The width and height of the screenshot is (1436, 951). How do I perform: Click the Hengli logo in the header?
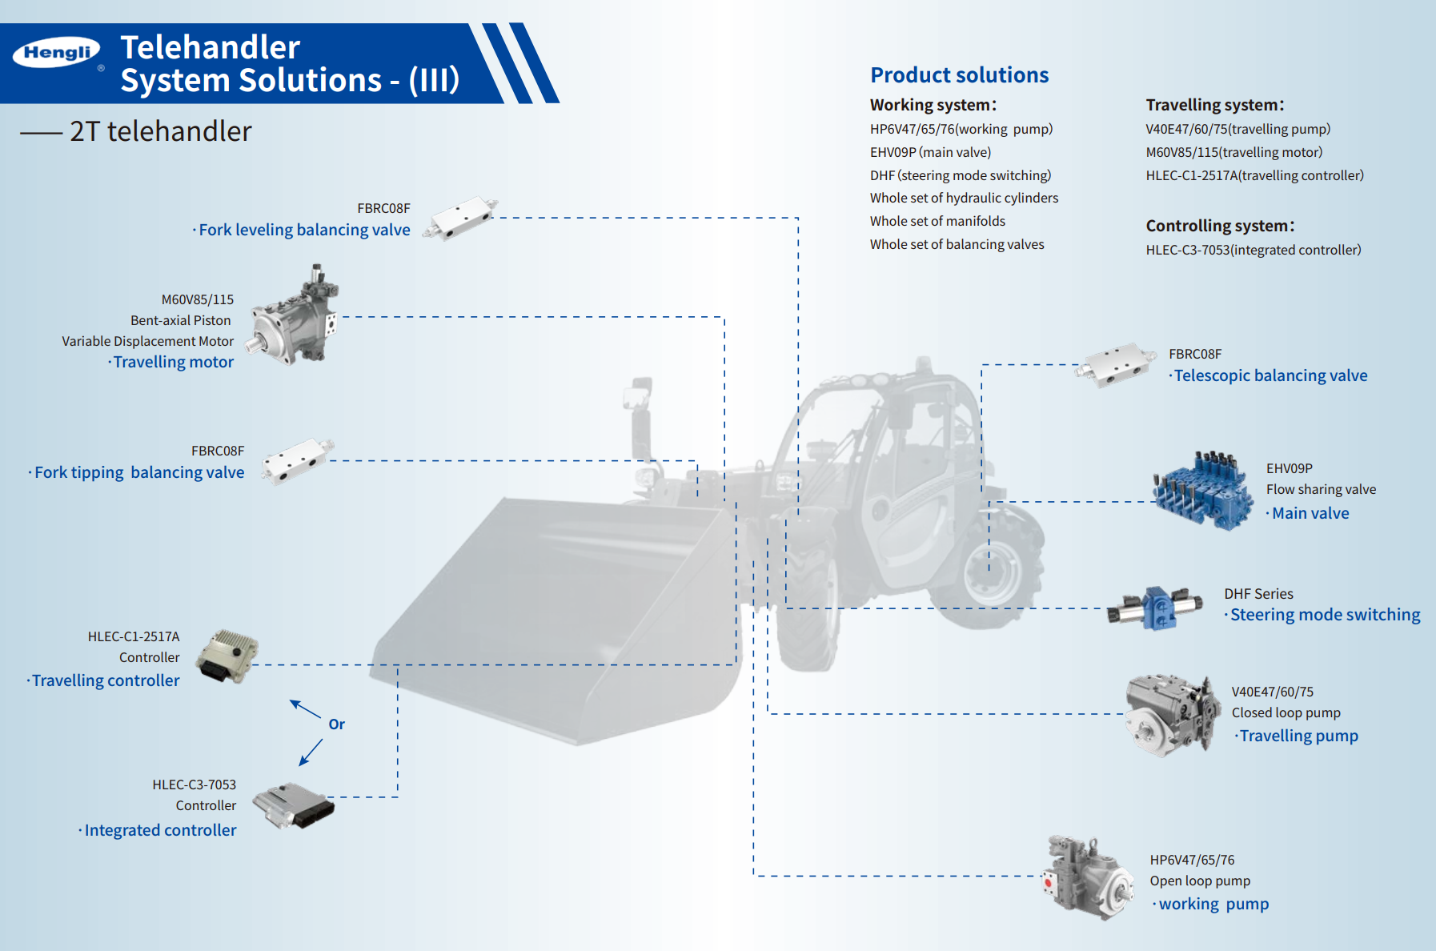point(56,53)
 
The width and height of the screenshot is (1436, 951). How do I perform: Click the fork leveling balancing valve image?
point(459,217)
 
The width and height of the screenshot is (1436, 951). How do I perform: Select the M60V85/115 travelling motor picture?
point(295,318)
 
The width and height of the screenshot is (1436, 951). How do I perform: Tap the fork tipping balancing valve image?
point(297,461)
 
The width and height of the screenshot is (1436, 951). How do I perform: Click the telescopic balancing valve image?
point(1115,366)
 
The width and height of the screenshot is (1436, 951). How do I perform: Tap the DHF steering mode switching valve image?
point(1155,608)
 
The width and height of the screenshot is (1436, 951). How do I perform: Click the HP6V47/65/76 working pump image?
point(1088,878)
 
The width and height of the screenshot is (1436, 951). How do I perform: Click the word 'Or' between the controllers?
point(336,724)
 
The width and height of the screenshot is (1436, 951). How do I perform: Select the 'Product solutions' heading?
point(959,75)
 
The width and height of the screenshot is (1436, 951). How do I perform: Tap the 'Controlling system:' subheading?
point(1220,226)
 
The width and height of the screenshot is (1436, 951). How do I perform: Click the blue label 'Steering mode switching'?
point(1325,615)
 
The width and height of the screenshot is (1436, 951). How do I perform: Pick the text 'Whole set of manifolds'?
point(937,221)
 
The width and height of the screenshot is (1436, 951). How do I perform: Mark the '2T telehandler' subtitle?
point(160,131)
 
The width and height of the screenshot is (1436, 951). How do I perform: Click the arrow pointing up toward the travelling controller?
point(304,708)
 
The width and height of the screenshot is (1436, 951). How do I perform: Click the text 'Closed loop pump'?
point(1286,712)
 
